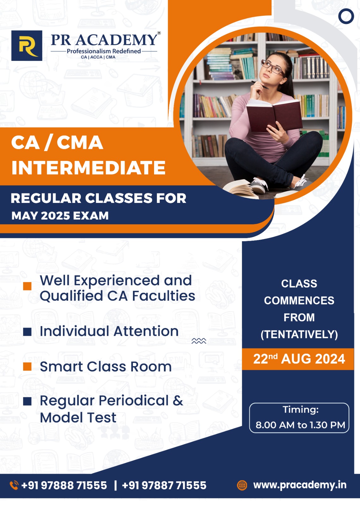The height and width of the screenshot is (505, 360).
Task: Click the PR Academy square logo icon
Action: click(x=27, y=45)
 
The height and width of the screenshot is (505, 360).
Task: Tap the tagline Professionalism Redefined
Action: click(x=104, y=51)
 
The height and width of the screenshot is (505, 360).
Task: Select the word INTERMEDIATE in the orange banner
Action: click(x=88, y=168)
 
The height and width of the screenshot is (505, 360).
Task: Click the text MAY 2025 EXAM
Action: click(x=60, y=216)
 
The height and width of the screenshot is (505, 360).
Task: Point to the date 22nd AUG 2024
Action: click(x=299, y=359)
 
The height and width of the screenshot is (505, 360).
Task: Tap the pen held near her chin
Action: click(x=260, y=85)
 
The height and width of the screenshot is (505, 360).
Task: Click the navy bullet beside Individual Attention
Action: click(x=27, y=332)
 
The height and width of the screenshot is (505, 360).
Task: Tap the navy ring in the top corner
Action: click(x=346, y=16)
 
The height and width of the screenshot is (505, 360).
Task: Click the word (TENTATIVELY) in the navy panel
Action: click(x=299, y=334)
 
